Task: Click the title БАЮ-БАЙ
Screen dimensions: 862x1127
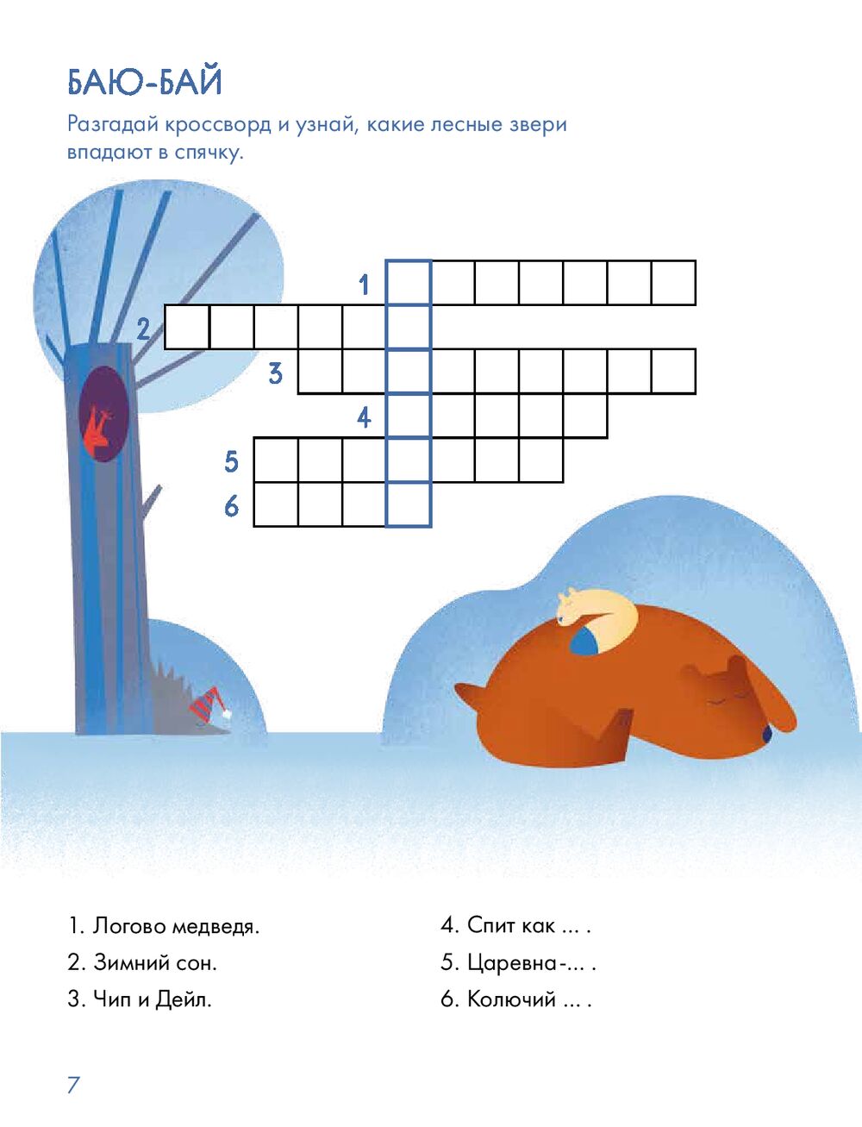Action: pos(145,82)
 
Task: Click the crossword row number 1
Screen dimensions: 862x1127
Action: pos(364,285)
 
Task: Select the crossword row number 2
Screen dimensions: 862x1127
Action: pos(143,329)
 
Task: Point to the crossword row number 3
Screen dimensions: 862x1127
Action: pos(276,373)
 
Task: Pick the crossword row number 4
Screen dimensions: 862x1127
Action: pos(364,417)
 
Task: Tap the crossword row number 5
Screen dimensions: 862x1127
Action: pos(231,461)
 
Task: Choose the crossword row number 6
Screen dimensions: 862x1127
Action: pos(231,507)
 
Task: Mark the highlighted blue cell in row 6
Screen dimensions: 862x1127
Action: pos(409,504)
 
